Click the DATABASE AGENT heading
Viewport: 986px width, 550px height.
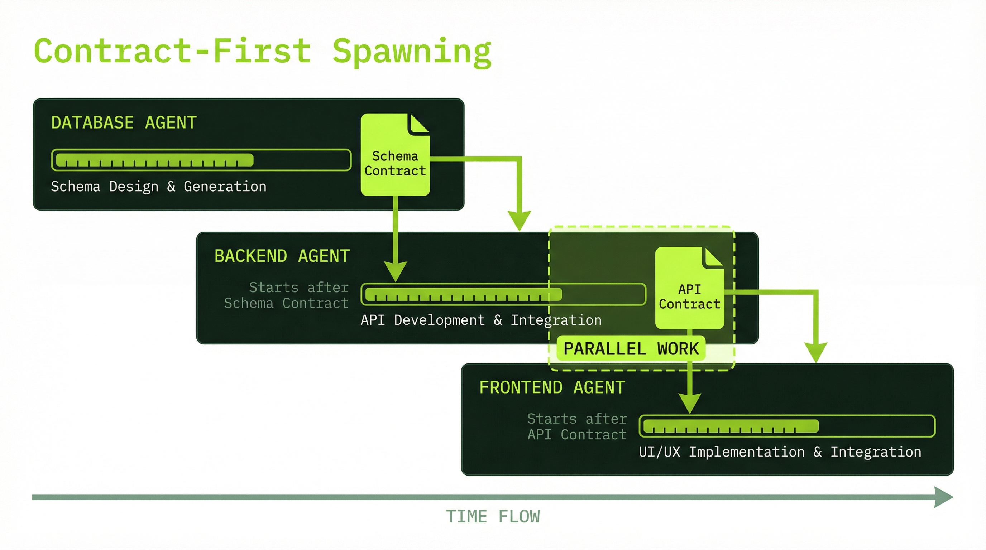pos(124,123)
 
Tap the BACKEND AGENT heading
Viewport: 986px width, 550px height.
pos(282,256)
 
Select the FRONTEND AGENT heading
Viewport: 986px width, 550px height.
pos(552,387)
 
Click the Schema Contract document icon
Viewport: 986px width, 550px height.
pos(395,155)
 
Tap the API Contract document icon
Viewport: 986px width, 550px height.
pos(689,288)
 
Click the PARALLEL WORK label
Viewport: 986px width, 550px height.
pos(631,348)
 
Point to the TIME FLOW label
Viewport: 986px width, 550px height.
pos(493,516)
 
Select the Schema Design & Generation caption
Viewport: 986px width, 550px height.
pos(158,187)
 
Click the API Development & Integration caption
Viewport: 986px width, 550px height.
pos(481,320)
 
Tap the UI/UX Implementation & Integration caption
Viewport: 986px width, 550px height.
pos(780,452)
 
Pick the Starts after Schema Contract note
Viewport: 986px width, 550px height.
pos(286,295)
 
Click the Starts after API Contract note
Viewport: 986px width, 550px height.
pos(577,426)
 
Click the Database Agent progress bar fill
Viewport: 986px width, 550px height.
pos(155,160)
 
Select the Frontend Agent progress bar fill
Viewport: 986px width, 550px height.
pos(730,426)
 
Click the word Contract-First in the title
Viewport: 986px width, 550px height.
pos(172,52)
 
